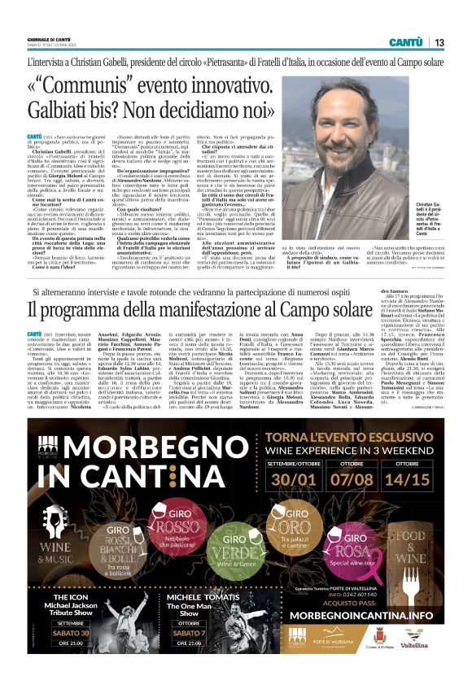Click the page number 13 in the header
438,42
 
